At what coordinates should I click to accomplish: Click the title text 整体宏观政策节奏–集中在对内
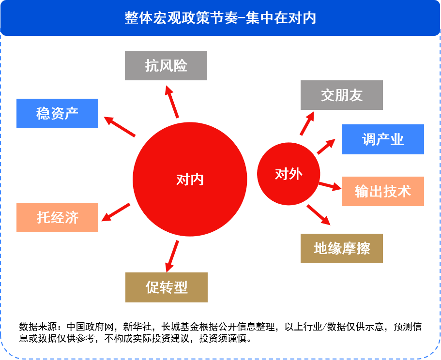(220, 18)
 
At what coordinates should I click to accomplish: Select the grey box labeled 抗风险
(166, 65)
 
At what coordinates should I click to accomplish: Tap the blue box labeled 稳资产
(57, 114)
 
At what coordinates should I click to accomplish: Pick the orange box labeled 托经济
(57, 217)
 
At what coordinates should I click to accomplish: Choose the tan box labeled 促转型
(167, 287)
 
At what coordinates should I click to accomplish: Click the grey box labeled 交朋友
(342, 95)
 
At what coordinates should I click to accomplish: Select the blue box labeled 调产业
(383, 139)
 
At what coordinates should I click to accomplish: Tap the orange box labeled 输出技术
(383, 191)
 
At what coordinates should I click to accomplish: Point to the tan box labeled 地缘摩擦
(342, 249)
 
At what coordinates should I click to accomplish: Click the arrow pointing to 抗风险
(172, 102)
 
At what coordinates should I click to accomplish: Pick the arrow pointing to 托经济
(116, 212)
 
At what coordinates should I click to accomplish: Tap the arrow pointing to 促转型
(172, 256)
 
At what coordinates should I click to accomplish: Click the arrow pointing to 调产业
(326, 147)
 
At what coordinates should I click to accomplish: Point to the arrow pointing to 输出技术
(330, 186)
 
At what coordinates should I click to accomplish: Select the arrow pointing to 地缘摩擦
(319, 215)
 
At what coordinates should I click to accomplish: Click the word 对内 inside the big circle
(190, 180)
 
